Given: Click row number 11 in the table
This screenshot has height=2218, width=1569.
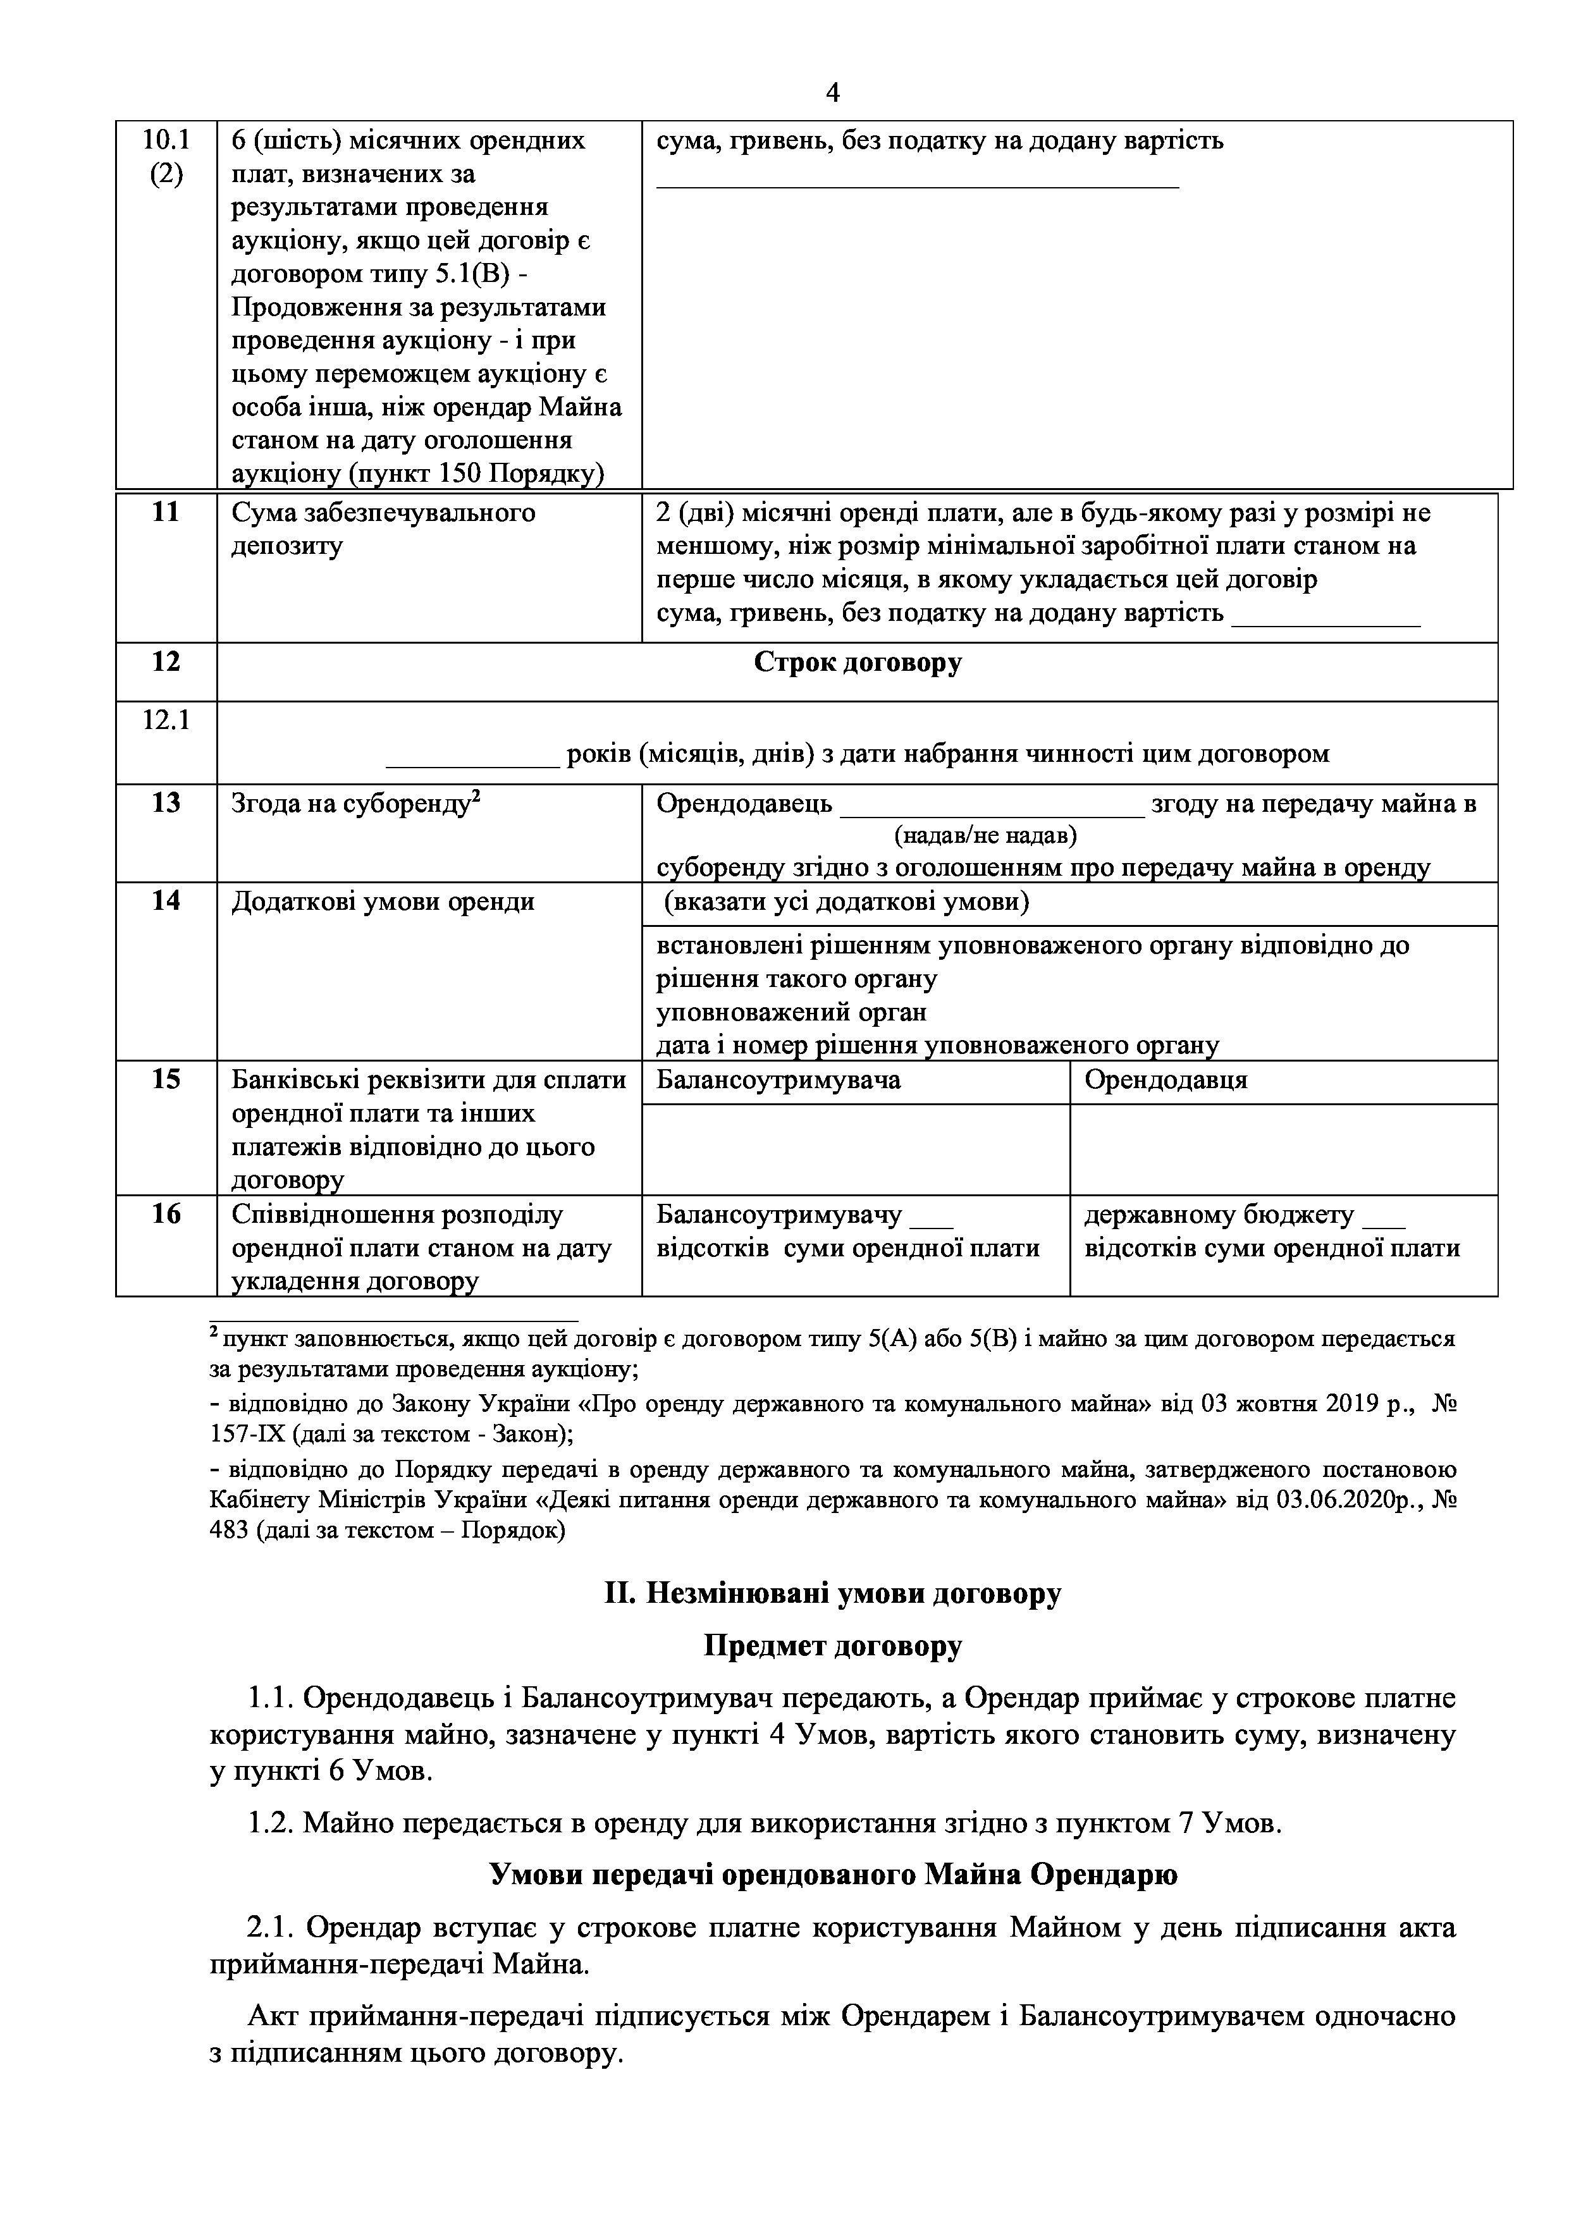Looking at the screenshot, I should point(166,513).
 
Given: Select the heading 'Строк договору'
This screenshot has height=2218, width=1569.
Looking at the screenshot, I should point(857,663).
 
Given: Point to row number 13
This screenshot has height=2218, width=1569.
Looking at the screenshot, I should point(166,803).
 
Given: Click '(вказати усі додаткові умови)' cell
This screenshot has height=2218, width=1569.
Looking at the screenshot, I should point(846,902).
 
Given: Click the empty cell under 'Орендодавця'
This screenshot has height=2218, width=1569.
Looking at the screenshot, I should point(1283,1149).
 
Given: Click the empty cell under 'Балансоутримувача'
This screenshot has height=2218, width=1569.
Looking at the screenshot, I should point(855,1149).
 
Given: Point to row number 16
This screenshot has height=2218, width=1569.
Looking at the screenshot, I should point(166,1215).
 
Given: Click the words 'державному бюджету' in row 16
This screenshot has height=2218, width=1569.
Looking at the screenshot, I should point(1218,1215).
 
